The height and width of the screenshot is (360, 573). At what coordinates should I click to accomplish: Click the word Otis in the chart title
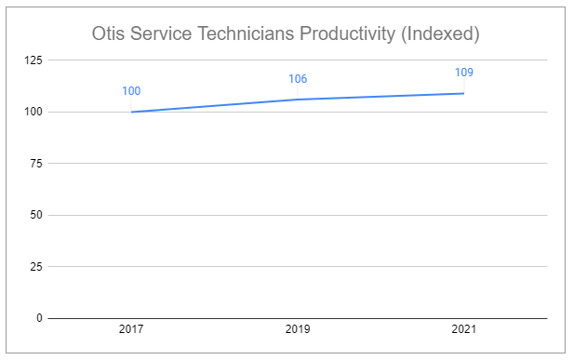(x=111, y=34)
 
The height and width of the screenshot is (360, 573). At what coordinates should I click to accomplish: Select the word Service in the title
(x=167, y=34)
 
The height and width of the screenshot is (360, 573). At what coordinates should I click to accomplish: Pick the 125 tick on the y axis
(x=32, y=60)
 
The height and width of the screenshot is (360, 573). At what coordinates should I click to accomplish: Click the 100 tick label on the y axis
(x=32, y=112)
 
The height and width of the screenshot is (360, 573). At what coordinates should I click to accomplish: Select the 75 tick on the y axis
(x=34, y=164)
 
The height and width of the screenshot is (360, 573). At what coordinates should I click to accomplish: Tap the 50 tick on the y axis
(x=34, y=215)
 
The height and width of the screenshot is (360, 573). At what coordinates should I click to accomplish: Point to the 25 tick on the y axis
(x=34, y=267)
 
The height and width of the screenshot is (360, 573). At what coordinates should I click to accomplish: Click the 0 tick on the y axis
(x=38, y=318)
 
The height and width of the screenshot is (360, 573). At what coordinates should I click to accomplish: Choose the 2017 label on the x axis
(x=132, y=330)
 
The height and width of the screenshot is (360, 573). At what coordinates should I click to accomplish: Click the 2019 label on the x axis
(x=298, y=330)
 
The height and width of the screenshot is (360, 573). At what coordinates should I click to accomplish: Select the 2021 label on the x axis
(x=463, y=330)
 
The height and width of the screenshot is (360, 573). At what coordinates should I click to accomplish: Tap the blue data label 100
(x=132, y=91)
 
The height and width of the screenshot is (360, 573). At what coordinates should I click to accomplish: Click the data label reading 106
(x=298, y=79)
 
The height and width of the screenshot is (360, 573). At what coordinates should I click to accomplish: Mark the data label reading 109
(x=463, y=72)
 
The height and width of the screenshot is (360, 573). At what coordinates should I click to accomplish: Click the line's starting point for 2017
(x=132, y=112)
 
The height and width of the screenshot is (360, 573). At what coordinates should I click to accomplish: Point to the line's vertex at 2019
(x=298, y=100)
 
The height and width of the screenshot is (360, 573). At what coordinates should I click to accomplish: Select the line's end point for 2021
(x=463, y=93)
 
